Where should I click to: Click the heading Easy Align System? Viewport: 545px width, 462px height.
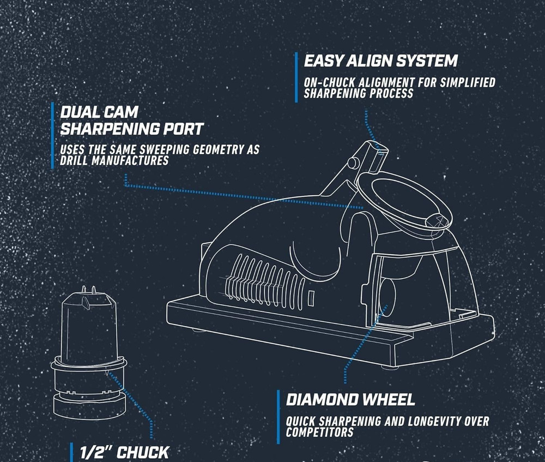[380, 61]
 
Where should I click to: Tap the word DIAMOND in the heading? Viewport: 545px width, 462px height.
[322, 399]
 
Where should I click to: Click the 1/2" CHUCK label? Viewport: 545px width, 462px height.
[124, 452]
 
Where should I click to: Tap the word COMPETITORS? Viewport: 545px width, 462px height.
[319, 432]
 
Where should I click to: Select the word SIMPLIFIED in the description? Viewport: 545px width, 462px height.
[468, 82]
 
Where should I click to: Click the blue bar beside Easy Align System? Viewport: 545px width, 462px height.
[296, 77]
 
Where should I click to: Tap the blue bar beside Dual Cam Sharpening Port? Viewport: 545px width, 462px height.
[52, 135]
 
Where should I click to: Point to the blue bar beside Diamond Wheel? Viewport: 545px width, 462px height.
[278, 417]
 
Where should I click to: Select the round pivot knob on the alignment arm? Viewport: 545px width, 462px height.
[353, 163]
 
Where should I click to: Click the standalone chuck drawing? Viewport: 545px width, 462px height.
[89, 353]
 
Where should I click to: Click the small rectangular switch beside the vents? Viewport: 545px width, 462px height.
[311, 298]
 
